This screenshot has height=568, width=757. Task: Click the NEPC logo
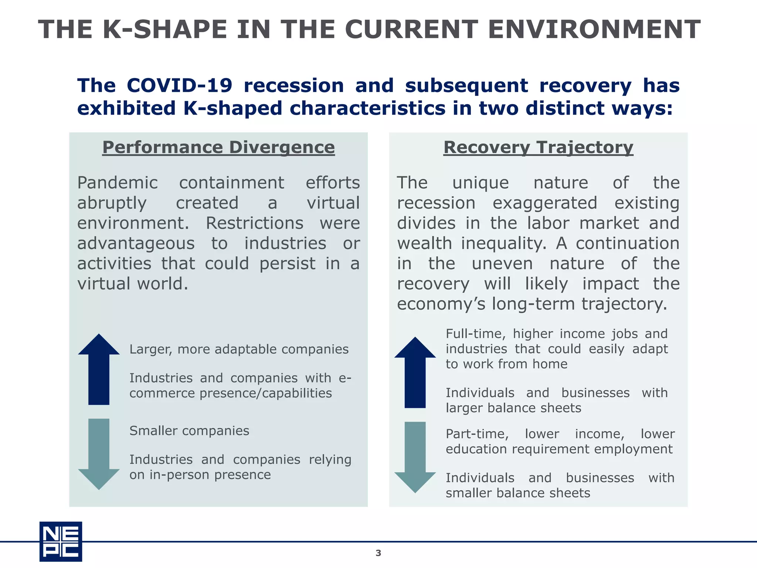[x=61, y=541]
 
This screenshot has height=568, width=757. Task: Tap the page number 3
[x=378, y=553]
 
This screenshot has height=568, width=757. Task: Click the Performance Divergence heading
[x=218, y=147]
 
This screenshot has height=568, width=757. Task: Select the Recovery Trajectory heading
[x=538, y=147]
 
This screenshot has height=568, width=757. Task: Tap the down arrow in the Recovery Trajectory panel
[x=415, y=457]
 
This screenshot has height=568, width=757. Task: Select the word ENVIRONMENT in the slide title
[x=594, y=30]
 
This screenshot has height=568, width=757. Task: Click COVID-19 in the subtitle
[x=180, y=86]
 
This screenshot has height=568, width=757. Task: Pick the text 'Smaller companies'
[x=189, y=431]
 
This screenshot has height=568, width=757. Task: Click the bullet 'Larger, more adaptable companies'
[x=239, y=349]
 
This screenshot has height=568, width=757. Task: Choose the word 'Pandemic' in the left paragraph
[x=118, y=183]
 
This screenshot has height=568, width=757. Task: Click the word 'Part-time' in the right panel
[x=477, y=434]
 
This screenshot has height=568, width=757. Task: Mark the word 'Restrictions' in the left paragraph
[x=254, y=223]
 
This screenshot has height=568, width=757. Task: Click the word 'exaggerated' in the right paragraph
[x=545, y=203]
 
